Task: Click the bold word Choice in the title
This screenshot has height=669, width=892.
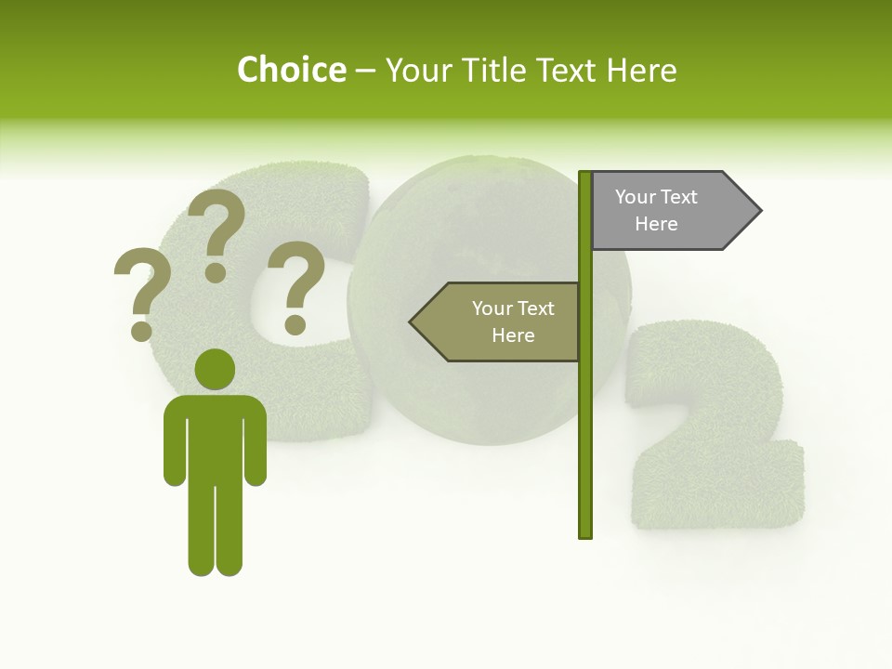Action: click(291, 70)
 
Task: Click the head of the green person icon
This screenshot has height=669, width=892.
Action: click(215, 369)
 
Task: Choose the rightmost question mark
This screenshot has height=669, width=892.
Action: click(297, 283)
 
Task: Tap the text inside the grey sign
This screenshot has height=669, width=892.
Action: click(656, 210)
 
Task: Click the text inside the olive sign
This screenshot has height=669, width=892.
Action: click(512, 321)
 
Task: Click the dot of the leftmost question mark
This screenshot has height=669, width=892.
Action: click(141, 330)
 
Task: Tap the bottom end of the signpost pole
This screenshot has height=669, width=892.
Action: click(584, 534)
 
